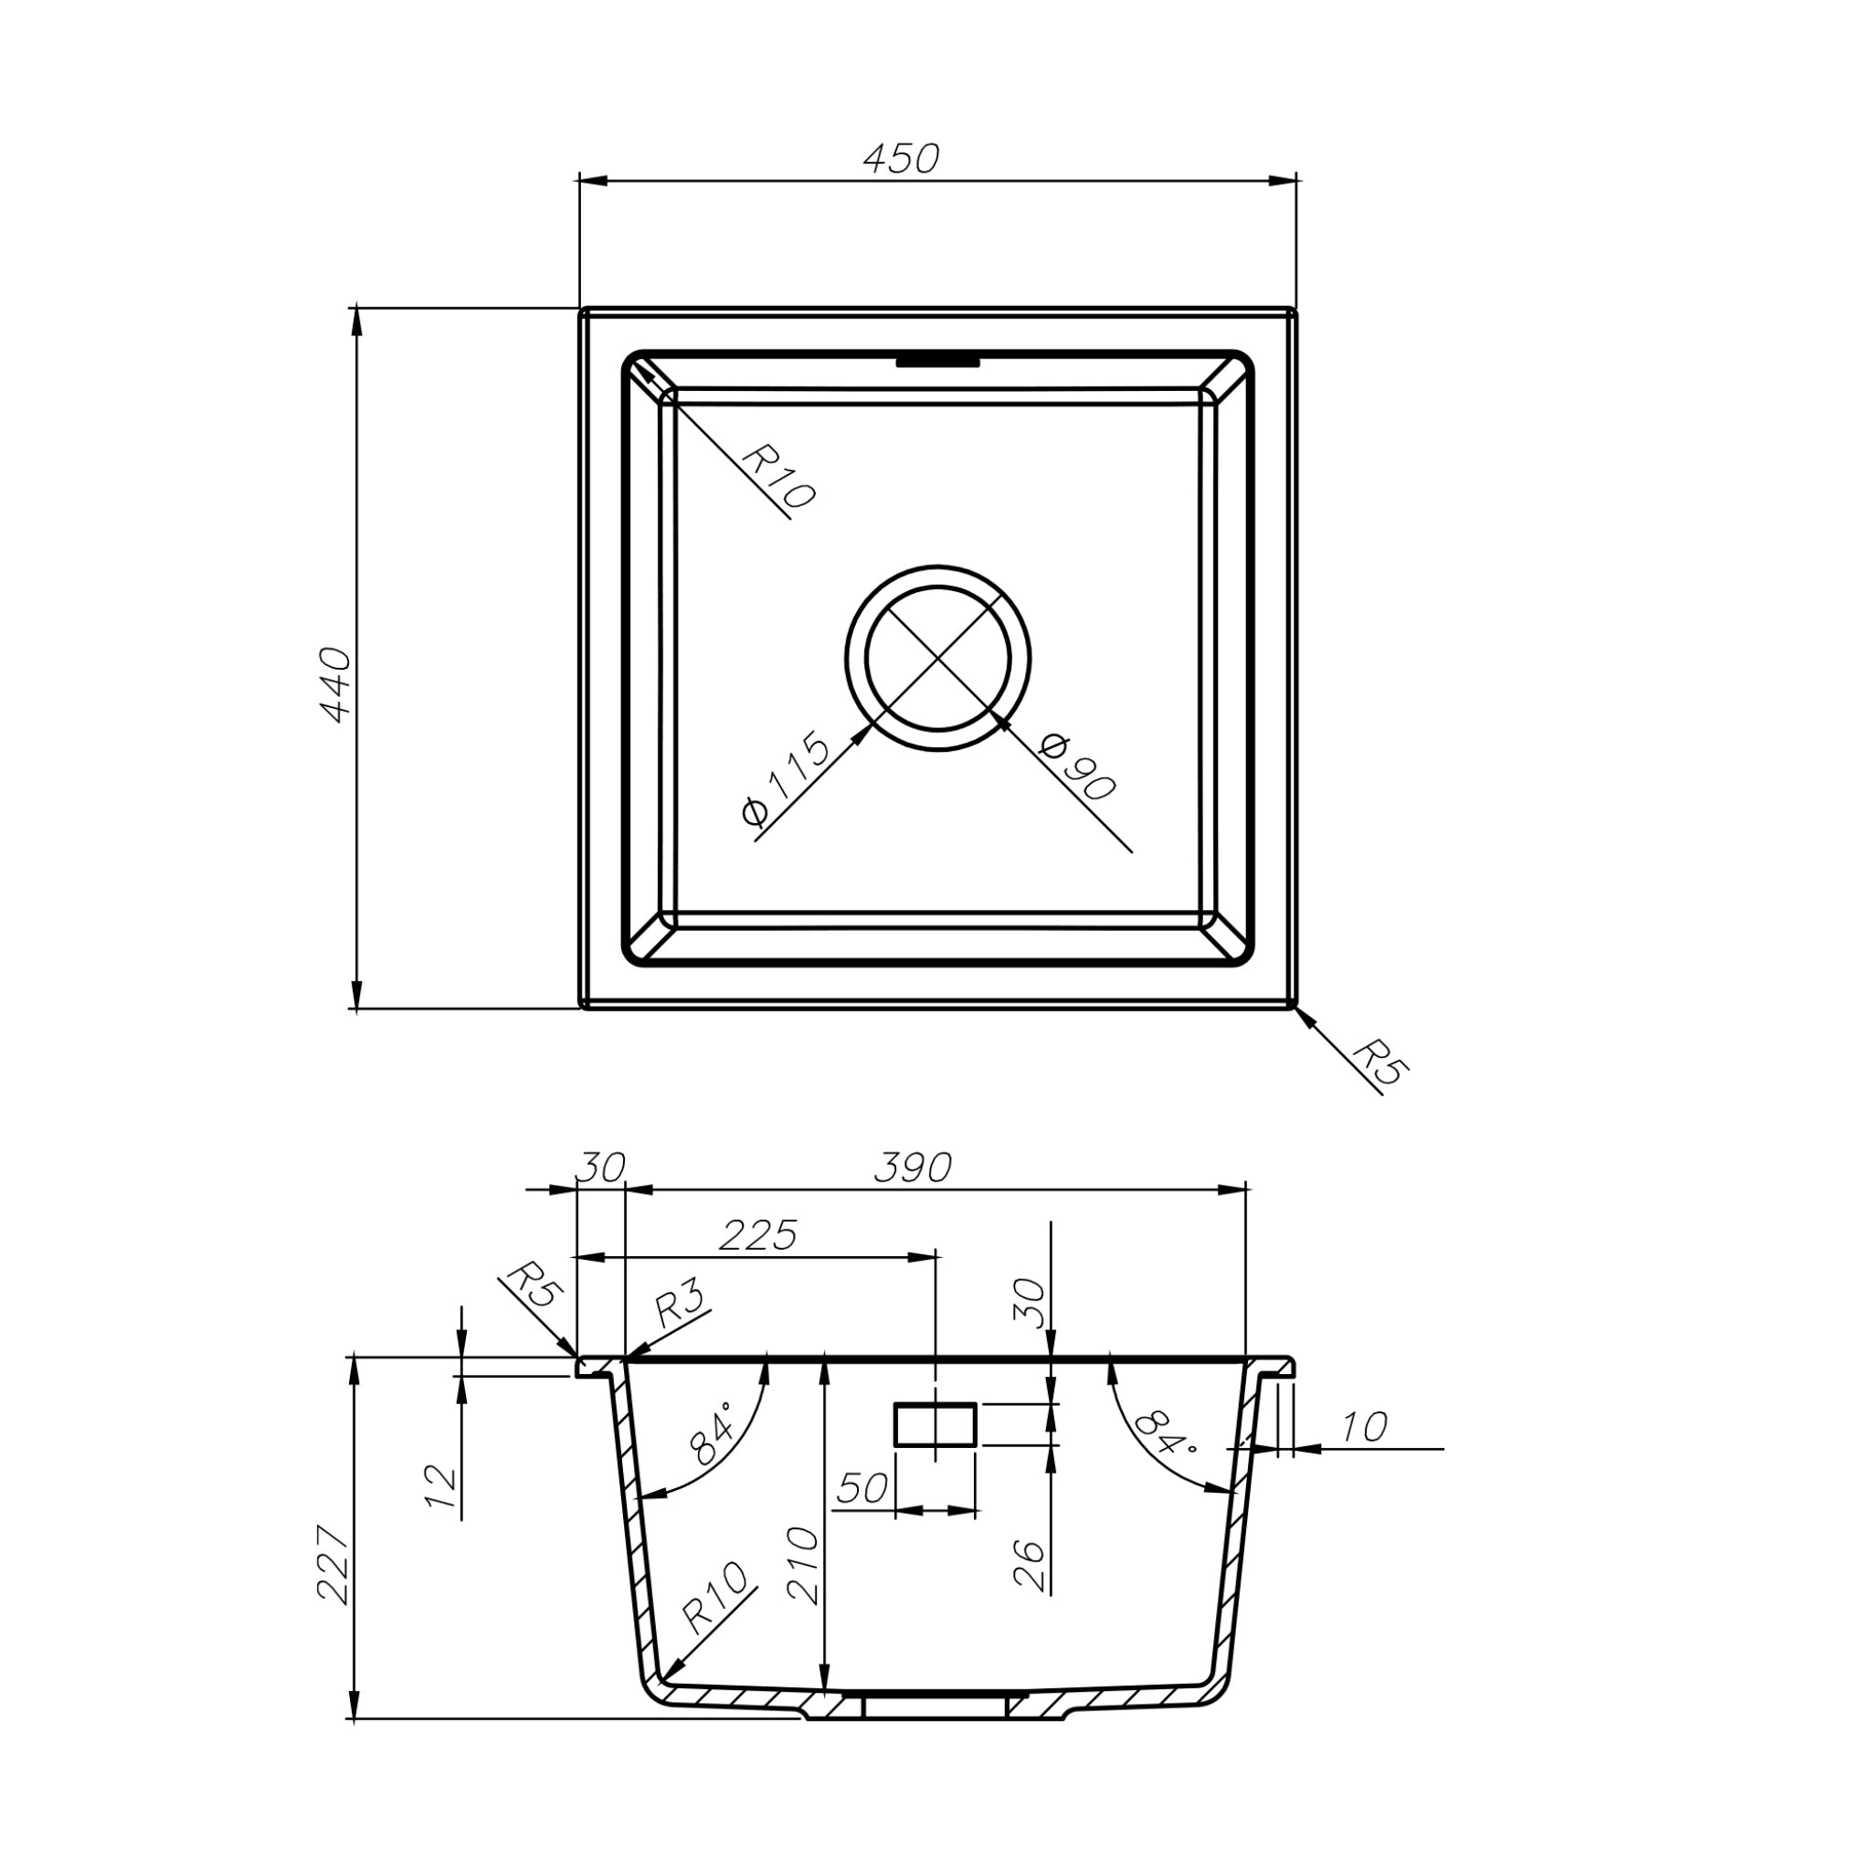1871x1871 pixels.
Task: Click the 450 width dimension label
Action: [901, 159]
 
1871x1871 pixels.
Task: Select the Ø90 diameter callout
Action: [1077, 768]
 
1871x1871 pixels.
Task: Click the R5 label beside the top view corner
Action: [1381, 1066]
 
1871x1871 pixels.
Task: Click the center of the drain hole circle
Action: [937, 659]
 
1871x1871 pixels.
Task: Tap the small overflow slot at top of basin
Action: [937, 362]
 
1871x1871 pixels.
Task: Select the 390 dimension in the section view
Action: [913, 1168]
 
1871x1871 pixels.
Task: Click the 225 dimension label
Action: [758, 1236]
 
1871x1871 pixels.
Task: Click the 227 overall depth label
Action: [333, 1565]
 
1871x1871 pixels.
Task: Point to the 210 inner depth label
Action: [803, 1565]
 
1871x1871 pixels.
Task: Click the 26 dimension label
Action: [1030, 1565]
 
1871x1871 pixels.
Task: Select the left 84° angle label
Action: [711, 1439]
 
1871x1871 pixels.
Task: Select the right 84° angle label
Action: [1165, 1433]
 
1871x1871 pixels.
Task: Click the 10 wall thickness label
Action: [1364, 1428]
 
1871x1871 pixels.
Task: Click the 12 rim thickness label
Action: [440, 1485]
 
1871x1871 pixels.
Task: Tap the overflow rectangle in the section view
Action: [935, 1424]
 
